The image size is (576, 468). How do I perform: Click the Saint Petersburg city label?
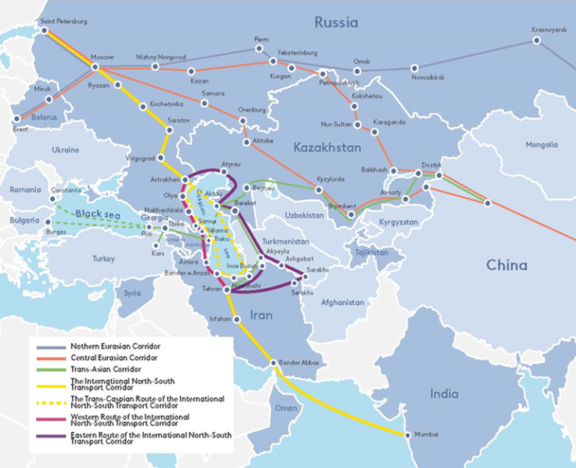click(x=64, y=22)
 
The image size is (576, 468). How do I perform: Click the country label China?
click(x=506, y=265)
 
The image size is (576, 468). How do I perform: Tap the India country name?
click(x=445, y=394)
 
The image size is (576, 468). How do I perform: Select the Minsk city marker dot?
click(x=49, y=99)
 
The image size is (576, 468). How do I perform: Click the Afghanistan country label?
click(x=342, y=302)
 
